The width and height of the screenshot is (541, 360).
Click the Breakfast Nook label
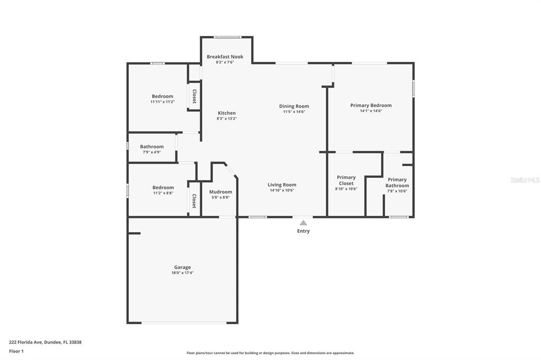click(225, 56)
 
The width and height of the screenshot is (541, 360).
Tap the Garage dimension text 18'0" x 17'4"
click(182, 273)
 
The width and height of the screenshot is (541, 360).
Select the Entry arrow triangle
click(303, 223)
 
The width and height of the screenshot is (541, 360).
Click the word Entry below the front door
click(303, 231)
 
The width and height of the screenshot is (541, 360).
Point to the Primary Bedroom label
click(370, 105)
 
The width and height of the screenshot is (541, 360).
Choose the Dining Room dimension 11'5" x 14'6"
click(294, 112)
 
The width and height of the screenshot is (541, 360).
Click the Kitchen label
click(227, 113)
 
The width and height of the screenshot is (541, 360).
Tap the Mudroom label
click(220, 192)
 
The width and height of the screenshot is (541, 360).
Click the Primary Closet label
click(346, 181)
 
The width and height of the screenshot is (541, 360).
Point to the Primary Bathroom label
click(397, 183)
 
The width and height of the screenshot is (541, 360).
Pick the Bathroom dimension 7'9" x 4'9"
click(152, 152)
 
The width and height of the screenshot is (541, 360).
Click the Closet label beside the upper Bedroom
click(194, 96)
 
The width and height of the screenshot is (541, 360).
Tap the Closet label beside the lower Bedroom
click(194, 201)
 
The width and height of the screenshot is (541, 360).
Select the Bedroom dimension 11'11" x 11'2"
click(162, 102)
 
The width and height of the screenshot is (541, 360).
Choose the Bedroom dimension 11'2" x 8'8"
click(163, 193)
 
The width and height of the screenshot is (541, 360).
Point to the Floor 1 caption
click(16, 351)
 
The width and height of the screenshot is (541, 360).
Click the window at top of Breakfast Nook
click(228, 37)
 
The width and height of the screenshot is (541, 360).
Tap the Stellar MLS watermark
click(525, 180)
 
